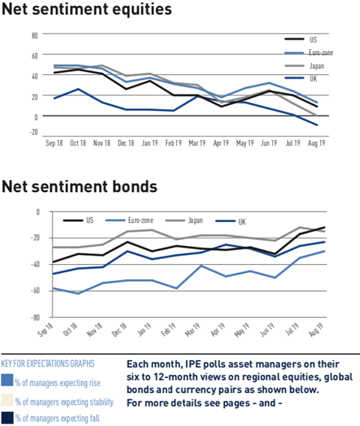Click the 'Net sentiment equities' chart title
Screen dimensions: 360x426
click(x=87, y=9)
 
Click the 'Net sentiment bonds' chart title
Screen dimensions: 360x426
click(x=79, y=187)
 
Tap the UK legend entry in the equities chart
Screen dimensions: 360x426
click(x=301, y=79)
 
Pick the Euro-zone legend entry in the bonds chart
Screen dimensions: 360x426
click(x=129, y=220)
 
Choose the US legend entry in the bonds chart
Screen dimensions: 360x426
click(x=78, y=220)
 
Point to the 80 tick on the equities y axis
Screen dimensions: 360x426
click(x=34, y=35)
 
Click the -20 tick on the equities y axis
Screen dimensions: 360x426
click(x=34, y=132)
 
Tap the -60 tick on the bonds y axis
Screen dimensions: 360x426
click(x=35, y=291)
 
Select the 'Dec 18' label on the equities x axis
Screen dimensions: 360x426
click(x=126, y=143)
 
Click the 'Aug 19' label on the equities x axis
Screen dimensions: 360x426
click(x=316, y=143)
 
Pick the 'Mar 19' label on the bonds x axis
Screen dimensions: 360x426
click(x=193, y=330)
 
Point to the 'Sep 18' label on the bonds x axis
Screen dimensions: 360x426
click(x=45, y=330)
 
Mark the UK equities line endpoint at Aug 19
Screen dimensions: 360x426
click(x=316, y=125)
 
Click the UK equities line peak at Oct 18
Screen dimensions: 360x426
click(x=78, y=88)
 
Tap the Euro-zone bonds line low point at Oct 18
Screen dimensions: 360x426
click(x=78, y=293)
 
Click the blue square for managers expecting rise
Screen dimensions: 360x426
click(x=7, y=380)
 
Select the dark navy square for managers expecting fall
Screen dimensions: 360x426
click(x=7, y=418)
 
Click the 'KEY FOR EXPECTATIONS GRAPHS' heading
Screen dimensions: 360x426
click(x=48, y=364)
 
